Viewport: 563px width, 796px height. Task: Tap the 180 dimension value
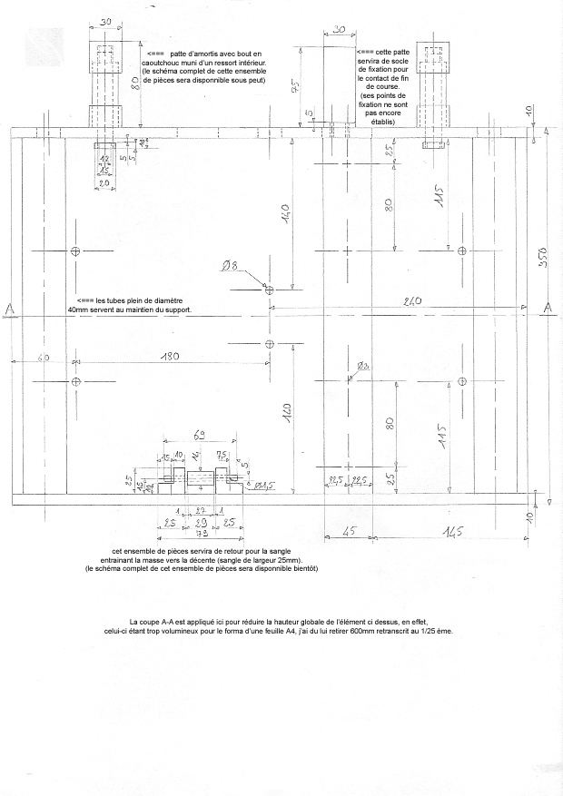169,358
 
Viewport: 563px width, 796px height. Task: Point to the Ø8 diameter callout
229,267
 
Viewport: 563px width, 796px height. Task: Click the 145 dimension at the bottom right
452,533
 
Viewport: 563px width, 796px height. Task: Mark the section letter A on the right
548,310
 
